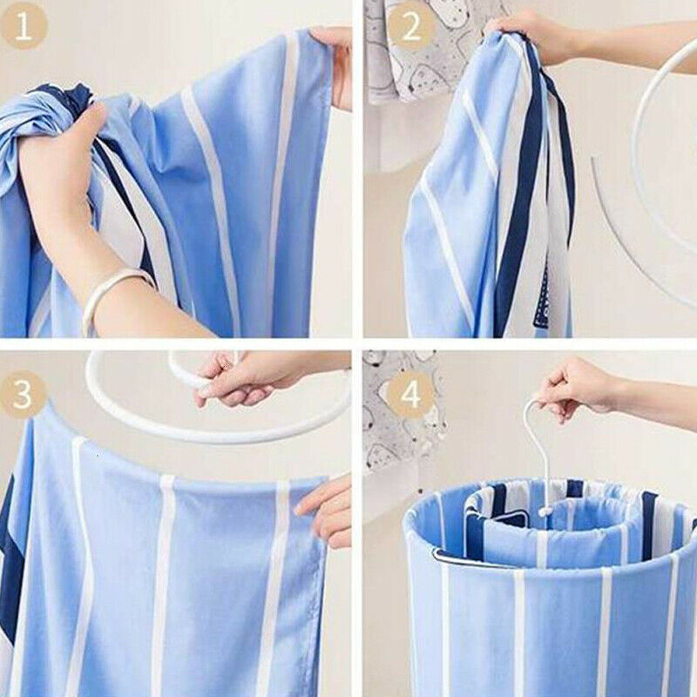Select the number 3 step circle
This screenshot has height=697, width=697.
(24, 396)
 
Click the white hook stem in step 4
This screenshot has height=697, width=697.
(534, 453)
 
